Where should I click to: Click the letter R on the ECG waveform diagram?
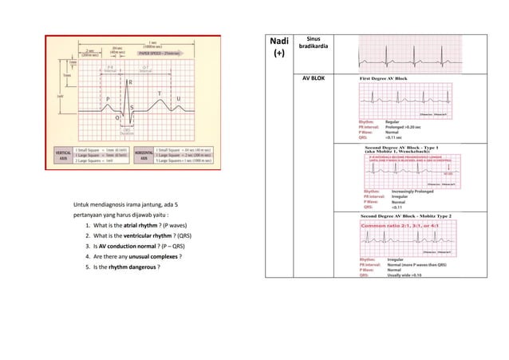point(130,82)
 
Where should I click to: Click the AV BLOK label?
point(313,81)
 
